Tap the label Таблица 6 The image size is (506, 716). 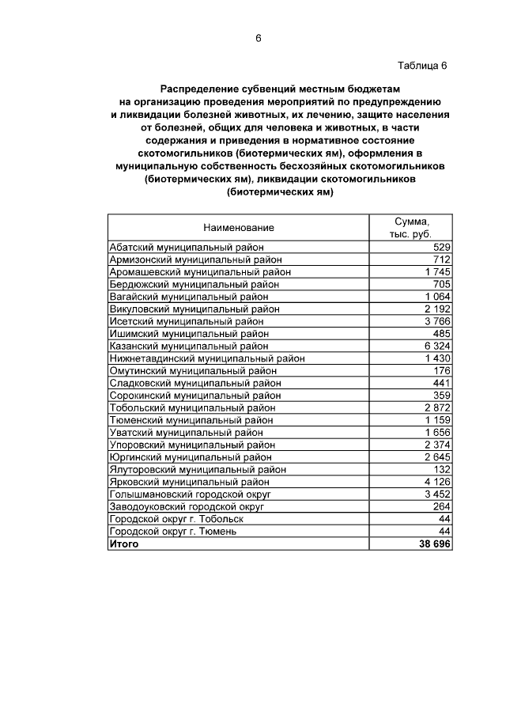(x=422, y=66)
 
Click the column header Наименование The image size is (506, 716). (x=239, y=228)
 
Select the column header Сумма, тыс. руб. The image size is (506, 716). (x=411, y=228)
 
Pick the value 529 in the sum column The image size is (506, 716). (x=441, y=247)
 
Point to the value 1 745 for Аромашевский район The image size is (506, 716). (x=437, y=271)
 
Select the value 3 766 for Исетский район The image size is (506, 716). (x=437, y=321)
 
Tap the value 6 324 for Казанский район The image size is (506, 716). (x=437, y=346)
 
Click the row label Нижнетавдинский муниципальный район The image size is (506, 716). (x=207, y=358)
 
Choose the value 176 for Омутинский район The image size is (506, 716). (x=441, y=370)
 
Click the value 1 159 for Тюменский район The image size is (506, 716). (x=437, y=420)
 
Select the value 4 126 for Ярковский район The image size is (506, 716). (x=437, y=482)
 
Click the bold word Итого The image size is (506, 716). (x=124, y=544)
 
